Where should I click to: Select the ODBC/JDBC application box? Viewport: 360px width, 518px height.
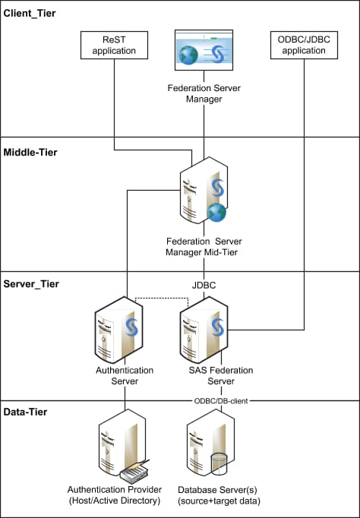(x=305, y=46)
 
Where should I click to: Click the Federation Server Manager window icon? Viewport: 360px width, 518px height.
(x=203, y=54)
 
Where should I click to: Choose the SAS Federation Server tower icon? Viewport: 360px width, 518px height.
(x=203, y=330)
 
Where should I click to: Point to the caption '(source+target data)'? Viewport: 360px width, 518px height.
(x=219, y=501)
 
